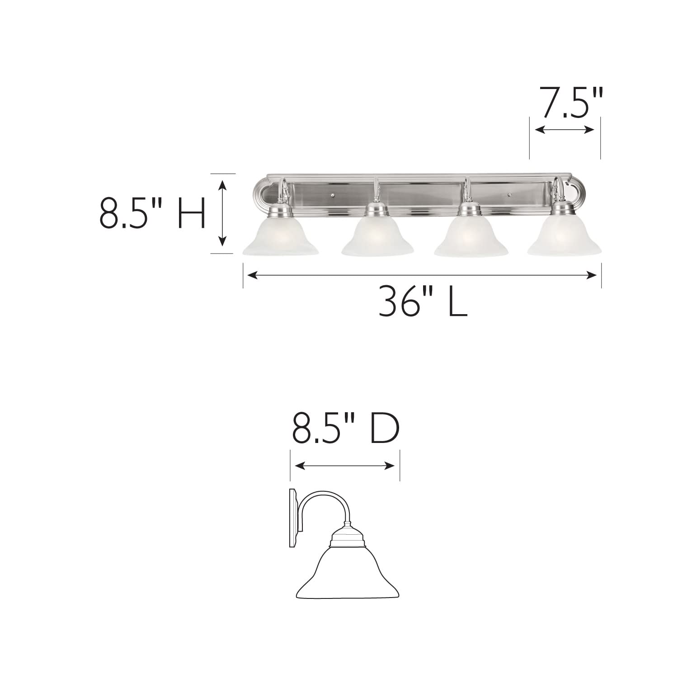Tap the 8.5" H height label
pos(152,213)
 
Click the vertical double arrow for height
pos(222,213)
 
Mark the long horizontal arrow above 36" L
pos(422,275)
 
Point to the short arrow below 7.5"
pos(565,130)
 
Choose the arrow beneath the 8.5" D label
pos(345,466)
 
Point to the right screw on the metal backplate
pos(509,196)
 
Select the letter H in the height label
pos(191,213)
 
